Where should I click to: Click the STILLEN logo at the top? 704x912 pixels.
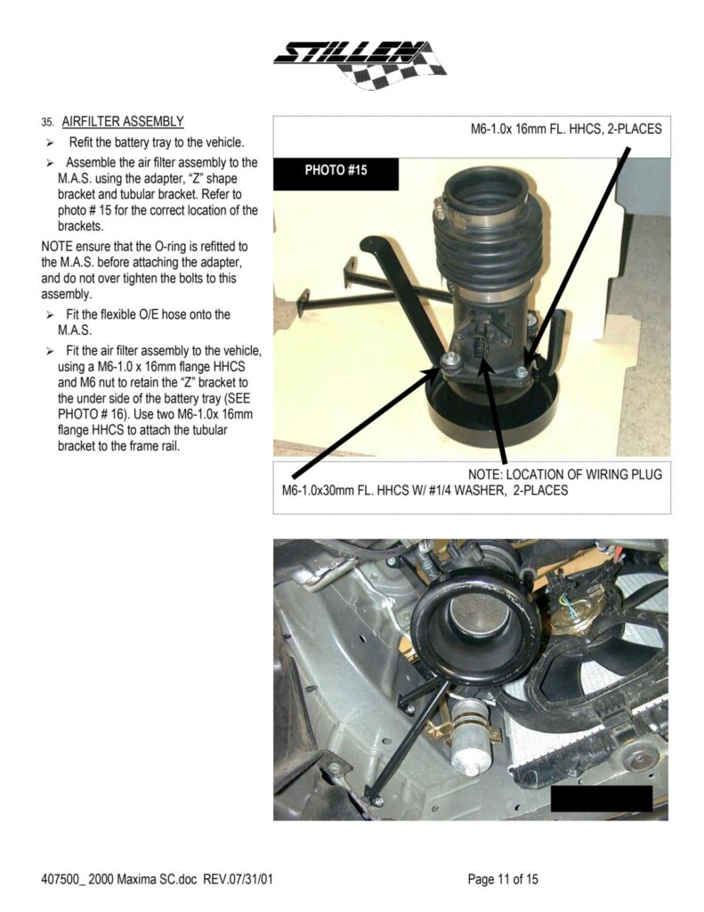click(360, 64)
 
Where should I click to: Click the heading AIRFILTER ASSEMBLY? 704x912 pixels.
click(123, 121)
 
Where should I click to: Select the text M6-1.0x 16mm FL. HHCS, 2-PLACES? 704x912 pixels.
click(566, 128)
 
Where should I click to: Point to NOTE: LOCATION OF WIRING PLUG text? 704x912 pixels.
click(565, 474)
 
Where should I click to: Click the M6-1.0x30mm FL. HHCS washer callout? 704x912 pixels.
click(425, 491)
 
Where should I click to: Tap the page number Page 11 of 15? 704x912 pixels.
click(503, 879)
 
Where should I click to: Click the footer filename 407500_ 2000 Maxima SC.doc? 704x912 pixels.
click(120, 879)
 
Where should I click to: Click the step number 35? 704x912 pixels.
click(48, 122)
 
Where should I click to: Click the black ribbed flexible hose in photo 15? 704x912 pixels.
click(490, 250)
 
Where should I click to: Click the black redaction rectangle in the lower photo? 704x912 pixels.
click(602, 798)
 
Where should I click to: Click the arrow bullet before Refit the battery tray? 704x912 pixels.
click(51, 142)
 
